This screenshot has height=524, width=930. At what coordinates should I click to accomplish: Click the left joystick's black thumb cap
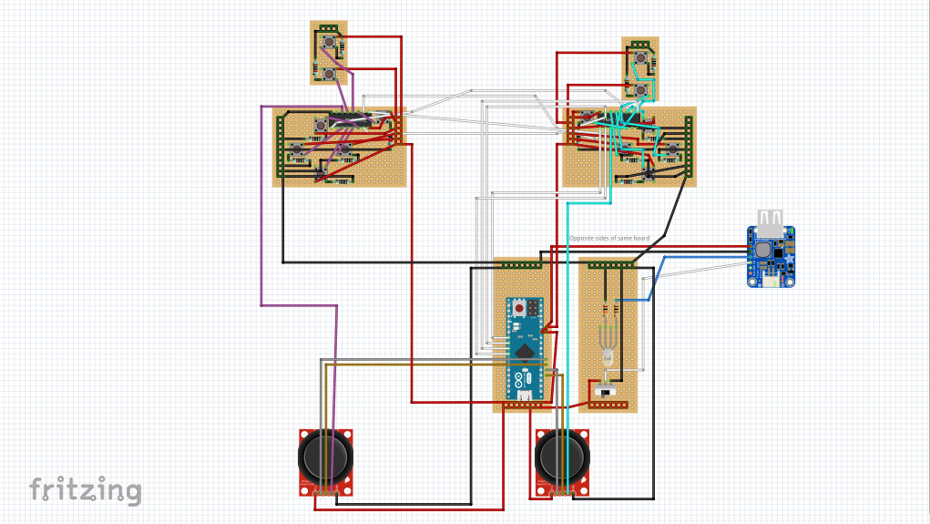(325, 455)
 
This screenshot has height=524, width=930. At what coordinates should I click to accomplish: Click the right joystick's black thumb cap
(562, 455)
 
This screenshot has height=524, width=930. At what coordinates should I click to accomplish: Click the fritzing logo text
(86, 490)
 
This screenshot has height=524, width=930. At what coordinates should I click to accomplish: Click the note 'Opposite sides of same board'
(609, 239)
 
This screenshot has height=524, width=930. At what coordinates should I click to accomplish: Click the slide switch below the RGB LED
(606, 392)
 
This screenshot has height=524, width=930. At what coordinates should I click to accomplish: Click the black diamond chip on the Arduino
(525, 350)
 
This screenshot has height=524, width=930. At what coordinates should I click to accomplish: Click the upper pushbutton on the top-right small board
(642, 58)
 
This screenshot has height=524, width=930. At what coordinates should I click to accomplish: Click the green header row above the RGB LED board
(609, 265)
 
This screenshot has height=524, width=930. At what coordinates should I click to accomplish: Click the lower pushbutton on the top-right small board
(641, 89)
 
